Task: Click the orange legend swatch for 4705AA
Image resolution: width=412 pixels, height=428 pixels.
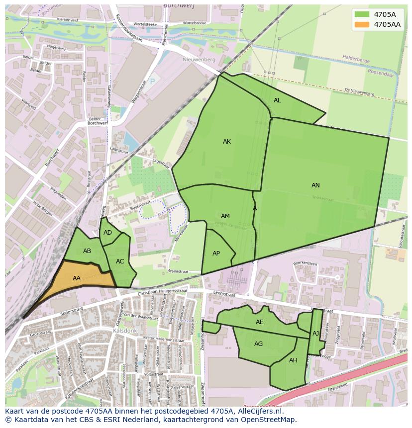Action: pos(362,24)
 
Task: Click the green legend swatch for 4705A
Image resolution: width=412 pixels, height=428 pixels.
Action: pos(362,14)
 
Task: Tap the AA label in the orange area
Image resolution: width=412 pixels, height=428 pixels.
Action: pos(77,278)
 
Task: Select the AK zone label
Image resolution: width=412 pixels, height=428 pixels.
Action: pos(227,142)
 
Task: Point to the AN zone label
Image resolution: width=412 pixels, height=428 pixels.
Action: pos(315,185)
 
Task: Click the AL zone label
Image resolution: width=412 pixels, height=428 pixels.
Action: pos(277,100)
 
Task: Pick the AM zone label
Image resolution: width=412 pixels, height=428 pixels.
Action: pos(225,216)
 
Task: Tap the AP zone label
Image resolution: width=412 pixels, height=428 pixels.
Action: pos(216,254)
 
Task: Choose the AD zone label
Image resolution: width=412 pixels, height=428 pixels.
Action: pos(107,233)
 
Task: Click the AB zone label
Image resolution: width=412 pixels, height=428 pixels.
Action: pos(87,251)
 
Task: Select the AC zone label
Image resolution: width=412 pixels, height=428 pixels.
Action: pos(120,261)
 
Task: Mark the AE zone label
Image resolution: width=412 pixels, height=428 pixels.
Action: pos(259,322)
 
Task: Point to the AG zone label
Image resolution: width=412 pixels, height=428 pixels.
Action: pos(258,344)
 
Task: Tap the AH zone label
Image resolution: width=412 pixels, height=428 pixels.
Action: pos(293,360)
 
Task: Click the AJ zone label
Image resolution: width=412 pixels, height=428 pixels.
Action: pos(315,334)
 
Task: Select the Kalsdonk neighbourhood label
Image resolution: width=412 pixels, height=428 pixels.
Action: pos(121,330)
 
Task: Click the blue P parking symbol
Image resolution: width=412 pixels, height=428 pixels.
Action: pos(152,81)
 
